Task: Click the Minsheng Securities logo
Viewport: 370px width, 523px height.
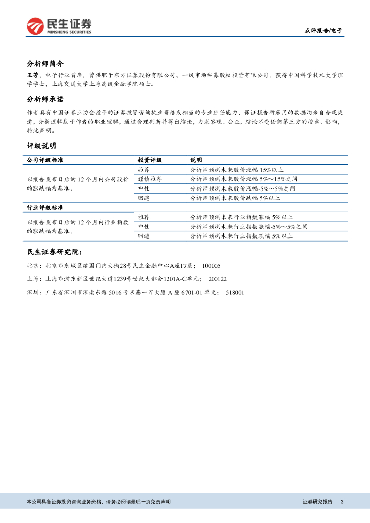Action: pos(59,26)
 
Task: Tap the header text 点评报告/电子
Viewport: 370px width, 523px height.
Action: pos(323,30)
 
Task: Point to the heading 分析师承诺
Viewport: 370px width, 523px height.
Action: pos(45,99)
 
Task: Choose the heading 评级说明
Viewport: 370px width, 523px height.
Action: pos(41,146)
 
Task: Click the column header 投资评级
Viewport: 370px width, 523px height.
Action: pos(150,160)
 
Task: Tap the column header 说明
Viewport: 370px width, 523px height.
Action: pos(196,160)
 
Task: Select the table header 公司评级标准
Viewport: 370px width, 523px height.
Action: pos(45,160)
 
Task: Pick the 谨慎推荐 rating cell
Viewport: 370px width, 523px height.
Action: pos(150,179)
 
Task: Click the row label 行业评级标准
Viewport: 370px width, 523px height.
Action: pos(45,208)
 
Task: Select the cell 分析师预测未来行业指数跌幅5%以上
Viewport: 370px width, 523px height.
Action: pos(241,236)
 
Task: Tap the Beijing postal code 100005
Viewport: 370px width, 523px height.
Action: pos(212,266)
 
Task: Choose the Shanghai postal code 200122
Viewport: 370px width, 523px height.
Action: pos(218,279)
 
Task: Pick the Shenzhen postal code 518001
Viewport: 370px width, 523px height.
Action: pos(235,292)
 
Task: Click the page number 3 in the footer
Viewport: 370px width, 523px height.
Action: pos(342,502)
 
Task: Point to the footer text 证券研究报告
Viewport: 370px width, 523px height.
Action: pos(317,502)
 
